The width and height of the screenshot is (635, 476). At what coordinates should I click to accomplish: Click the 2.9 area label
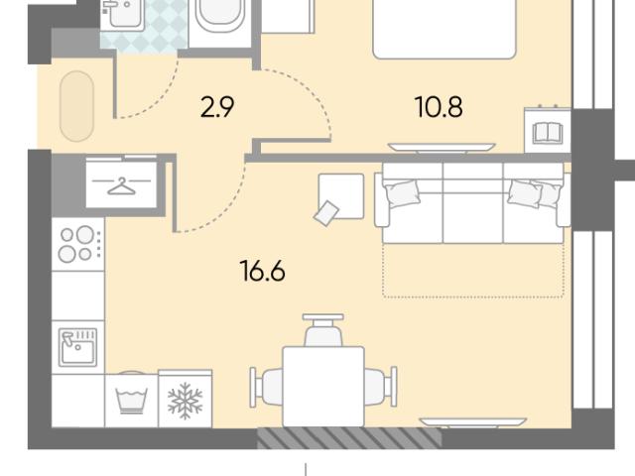coord(217,108)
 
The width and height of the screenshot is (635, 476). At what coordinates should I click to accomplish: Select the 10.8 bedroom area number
coord(439,108)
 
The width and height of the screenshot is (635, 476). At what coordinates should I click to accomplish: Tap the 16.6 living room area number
coord(262,271)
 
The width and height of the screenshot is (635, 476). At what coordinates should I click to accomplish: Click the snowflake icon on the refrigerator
coord(186,401)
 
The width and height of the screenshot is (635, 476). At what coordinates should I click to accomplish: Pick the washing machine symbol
coord(131,401)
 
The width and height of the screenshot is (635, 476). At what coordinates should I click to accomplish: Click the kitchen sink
coord(77,347)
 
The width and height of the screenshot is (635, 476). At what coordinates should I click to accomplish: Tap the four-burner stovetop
coord(77,244)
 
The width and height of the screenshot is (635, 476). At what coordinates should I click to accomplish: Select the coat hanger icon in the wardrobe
coord(121,185)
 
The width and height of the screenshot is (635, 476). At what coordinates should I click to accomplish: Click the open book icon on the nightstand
coord(548,133)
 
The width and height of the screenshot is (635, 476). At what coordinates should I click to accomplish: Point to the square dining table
coord(323,387)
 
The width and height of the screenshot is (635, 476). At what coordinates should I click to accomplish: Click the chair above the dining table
coord(323,330)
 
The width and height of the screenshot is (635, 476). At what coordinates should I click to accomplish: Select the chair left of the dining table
coord(267,387)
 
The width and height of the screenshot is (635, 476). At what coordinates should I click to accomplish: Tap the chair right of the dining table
coord(381,387)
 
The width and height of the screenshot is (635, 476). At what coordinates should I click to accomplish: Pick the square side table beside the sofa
coord(341,196)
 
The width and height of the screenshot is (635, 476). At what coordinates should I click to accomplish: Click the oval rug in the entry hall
coord(77,106)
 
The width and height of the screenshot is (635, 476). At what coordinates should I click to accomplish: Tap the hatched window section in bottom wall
coord(349,437)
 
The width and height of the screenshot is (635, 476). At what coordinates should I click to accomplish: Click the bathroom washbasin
coord(121,15)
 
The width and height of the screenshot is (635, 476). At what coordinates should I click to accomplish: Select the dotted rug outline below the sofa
coord(473,271)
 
